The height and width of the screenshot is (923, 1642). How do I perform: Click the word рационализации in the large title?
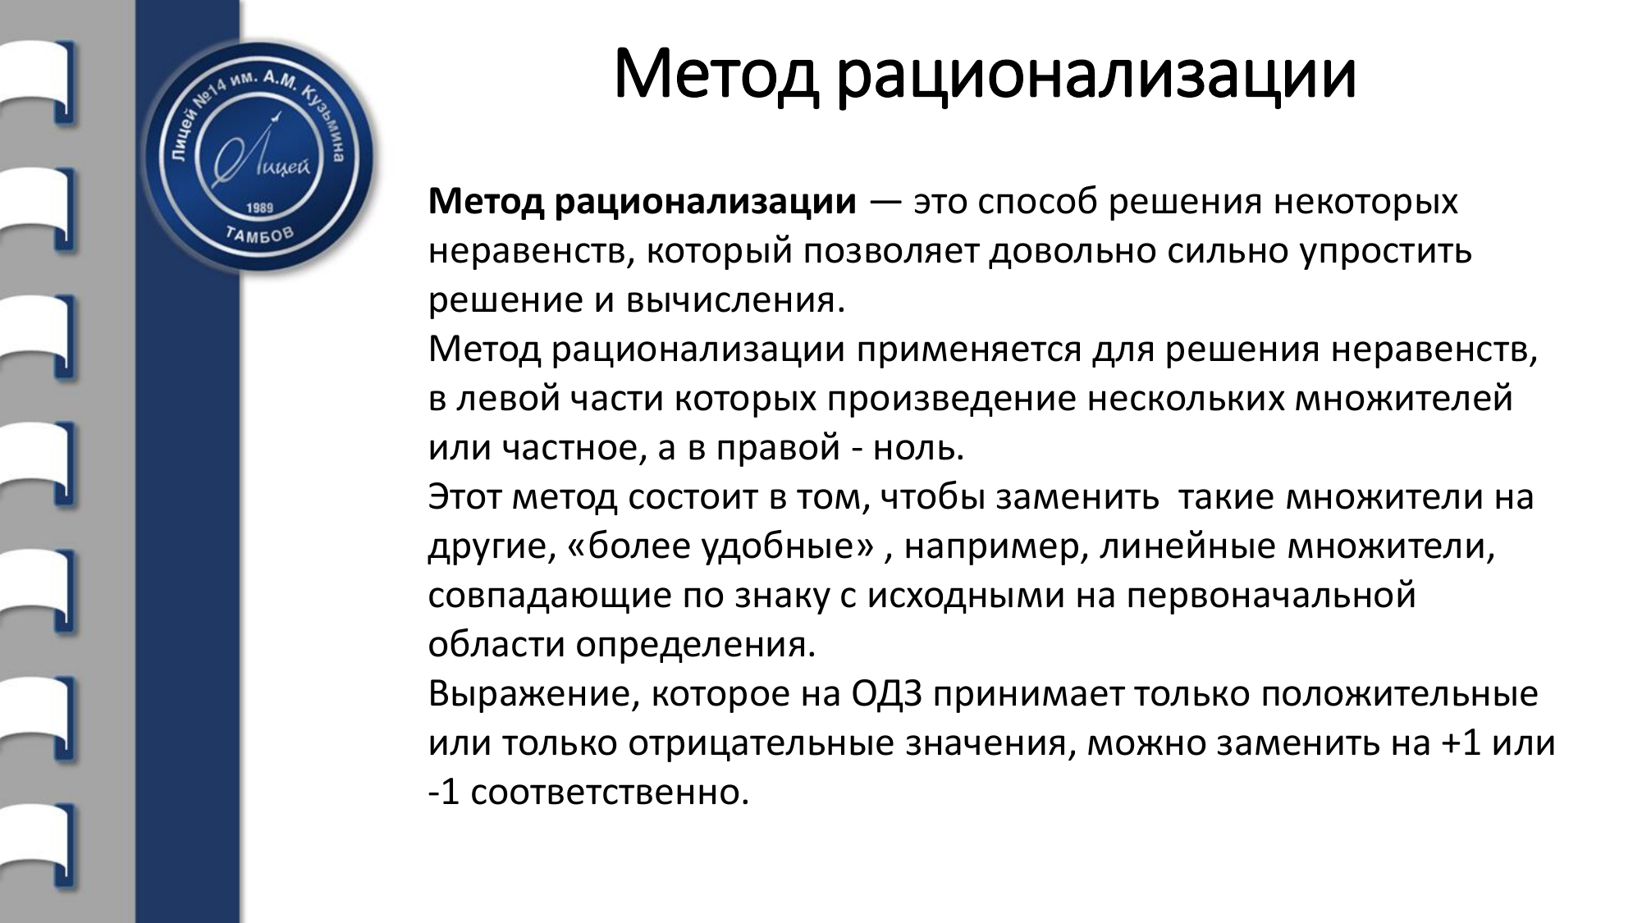(1096, 75)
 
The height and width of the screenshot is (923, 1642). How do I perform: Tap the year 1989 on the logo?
(259, 208)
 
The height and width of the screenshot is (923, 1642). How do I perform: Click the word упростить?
(1386, 252)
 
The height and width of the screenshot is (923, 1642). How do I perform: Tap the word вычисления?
(735, 301)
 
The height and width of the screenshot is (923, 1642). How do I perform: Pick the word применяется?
(970, 350)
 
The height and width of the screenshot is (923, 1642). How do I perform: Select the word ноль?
(918, 449)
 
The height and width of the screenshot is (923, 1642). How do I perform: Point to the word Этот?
(465, 498)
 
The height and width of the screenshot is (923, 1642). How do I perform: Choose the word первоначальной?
(1271, 596)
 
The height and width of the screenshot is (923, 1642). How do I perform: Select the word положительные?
(1399, 695)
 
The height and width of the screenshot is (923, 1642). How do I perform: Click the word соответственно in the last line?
(610, 793)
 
